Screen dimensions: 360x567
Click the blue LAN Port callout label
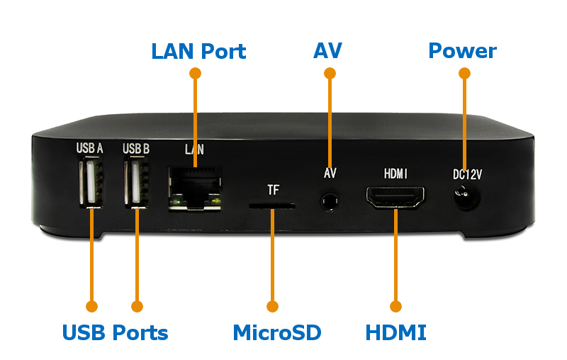198,52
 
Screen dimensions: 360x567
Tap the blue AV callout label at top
327,51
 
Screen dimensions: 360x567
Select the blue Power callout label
462,51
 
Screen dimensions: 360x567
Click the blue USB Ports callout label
115,332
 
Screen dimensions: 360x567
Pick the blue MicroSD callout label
277,332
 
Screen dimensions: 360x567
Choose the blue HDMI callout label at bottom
395,332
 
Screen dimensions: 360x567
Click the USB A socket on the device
91,183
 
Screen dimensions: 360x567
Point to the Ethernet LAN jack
195,188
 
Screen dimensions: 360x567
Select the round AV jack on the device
329,201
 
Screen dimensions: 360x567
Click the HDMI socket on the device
395,196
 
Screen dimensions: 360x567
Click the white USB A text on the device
90,149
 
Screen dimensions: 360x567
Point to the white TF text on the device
274,190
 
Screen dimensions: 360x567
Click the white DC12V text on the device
466,174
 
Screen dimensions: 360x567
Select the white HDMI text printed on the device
395,174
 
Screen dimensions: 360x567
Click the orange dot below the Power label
464,73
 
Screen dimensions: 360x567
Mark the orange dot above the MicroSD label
273,306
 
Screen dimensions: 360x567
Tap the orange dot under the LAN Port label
196,73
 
